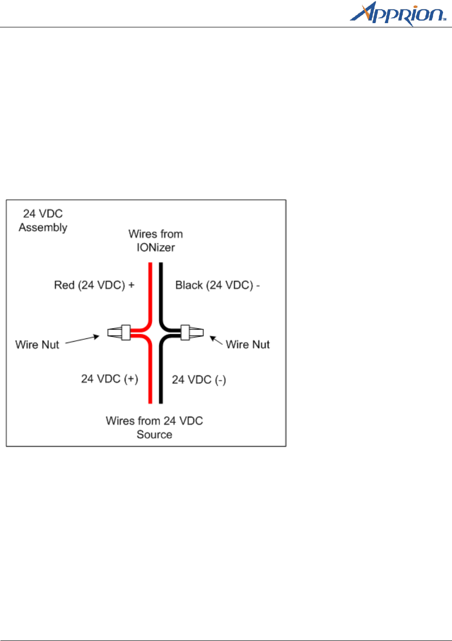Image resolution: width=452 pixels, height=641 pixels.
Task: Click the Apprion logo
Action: (x=397, y=14)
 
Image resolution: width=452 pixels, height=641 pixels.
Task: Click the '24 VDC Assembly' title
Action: (x=43, y=220)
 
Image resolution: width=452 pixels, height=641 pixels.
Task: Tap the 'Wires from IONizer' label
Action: (x=156, y=241)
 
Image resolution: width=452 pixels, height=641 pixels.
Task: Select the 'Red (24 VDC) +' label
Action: (x=94, y=285)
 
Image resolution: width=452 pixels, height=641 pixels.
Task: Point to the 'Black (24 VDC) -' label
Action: (x=217, y=285)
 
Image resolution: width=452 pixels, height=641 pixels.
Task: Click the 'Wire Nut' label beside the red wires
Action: (x=37, y=345)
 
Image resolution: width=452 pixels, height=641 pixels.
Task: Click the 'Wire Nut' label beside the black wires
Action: (x=247, y=345)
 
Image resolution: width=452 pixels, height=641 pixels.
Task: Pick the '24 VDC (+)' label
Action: (x=109, y=379)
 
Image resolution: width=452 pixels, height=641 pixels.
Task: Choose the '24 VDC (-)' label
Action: (x=199, y=380)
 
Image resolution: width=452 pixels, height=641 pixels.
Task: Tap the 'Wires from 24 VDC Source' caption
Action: (x=155, y=428)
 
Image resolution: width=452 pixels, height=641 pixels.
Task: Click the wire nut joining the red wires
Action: (x=119, y=333)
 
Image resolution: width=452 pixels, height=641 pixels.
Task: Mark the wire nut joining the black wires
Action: (x=192, y=332)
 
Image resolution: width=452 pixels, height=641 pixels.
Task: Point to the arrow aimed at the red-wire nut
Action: (x=82, y=339)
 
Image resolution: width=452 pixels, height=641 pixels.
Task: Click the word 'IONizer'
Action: (x=156, y=247)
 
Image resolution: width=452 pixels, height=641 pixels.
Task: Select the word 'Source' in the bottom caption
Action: (x=155, y=435)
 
